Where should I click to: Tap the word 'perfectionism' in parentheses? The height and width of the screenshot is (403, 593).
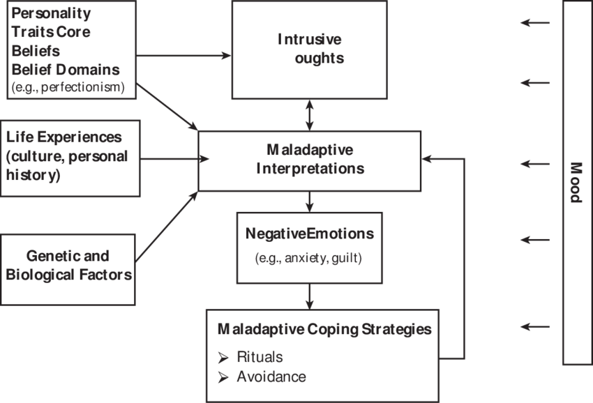pos(82,87)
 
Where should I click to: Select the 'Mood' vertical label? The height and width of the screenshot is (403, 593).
pos(576,183)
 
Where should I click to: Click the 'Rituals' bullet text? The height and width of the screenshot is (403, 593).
pos(260,357)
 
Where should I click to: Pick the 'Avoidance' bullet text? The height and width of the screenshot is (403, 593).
pos(271,377)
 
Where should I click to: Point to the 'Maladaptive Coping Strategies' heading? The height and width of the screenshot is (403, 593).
pos(324,329)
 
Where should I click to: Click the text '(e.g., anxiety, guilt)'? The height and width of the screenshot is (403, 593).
pos(309,257)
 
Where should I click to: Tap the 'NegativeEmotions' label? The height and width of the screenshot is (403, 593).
pos(309,234)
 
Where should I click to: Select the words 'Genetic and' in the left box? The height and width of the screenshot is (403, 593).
pos(68,257)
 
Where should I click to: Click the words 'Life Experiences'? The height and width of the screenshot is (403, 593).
pos(63,137)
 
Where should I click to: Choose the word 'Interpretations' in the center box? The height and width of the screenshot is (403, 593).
pos(310,169)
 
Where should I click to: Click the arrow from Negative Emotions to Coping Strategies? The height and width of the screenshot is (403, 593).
pos(309,296)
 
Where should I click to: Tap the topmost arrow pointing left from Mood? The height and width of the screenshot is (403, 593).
pos(535,24)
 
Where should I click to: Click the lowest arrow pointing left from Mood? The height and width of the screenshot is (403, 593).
pos(535,326)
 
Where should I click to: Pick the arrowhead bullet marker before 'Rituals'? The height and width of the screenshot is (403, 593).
pos(223,358)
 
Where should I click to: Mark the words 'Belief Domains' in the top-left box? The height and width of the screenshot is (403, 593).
pos(65,70)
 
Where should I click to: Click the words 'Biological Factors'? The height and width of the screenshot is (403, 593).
pos(68,274)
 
